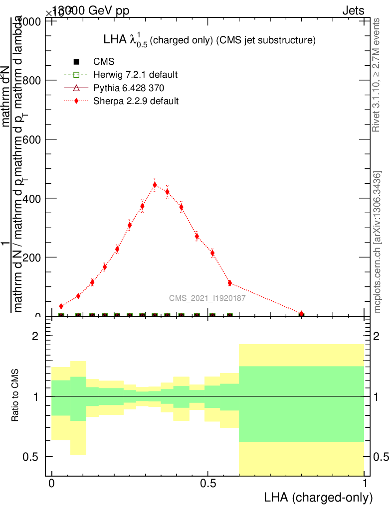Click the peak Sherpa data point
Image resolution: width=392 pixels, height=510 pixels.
(x=155, y=185)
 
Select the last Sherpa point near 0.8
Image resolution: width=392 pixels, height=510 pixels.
(x=301, y=314)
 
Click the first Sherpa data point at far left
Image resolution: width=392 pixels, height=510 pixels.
(x=61, y=306)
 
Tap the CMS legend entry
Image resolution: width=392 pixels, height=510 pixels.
(x=104, y=62)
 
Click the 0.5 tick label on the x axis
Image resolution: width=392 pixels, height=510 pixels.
(x=208, y=484)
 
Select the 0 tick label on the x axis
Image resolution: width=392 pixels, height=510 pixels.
(x=51, y=484)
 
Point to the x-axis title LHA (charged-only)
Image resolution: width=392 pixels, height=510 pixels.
(x=318, y=497)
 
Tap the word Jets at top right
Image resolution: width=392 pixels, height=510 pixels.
(x=353, y=10)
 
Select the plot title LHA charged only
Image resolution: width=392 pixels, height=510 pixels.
(x=208, y=41)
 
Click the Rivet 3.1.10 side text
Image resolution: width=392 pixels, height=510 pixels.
(x=377, y=75)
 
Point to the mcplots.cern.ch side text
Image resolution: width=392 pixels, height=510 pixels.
(x=378, y=242)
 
